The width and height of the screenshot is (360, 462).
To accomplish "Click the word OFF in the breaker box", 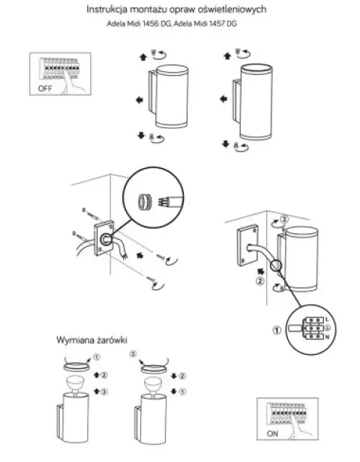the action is point(45,88).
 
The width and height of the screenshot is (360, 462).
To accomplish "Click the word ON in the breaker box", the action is point(272,433).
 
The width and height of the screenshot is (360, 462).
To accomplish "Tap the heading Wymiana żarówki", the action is point(91,340).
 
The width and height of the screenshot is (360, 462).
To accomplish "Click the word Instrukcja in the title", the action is point(107,10).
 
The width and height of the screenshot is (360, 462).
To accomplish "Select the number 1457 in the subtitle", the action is point(217,23).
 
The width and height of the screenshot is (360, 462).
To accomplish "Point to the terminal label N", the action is point(327,337).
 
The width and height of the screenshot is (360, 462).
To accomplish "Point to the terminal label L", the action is point(327,319).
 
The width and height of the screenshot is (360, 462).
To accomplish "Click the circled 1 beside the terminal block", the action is point(277,330).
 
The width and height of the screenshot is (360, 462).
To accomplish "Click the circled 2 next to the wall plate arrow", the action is point(260,281).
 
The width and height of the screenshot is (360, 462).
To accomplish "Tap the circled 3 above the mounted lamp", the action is point(284,220).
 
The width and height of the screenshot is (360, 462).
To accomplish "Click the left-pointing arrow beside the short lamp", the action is point(139,100).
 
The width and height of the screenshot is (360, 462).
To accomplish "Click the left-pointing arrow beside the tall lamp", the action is point(223,99).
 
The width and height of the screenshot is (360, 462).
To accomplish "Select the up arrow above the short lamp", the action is point(143,57).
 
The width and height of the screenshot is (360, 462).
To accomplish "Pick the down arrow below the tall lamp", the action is point(226,144).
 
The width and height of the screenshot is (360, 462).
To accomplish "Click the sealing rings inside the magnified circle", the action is point(144,202).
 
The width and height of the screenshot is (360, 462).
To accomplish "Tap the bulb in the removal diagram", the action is point(75,384).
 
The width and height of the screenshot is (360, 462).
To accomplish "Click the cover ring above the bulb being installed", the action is point(154,368).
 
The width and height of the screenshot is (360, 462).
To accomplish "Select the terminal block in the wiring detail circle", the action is point(313,328).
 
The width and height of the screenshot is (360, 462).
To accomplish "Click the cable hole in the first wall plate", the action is point(106,239).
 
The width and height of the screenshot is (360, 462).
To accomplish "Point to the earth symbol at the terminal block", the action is point(327,328).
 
